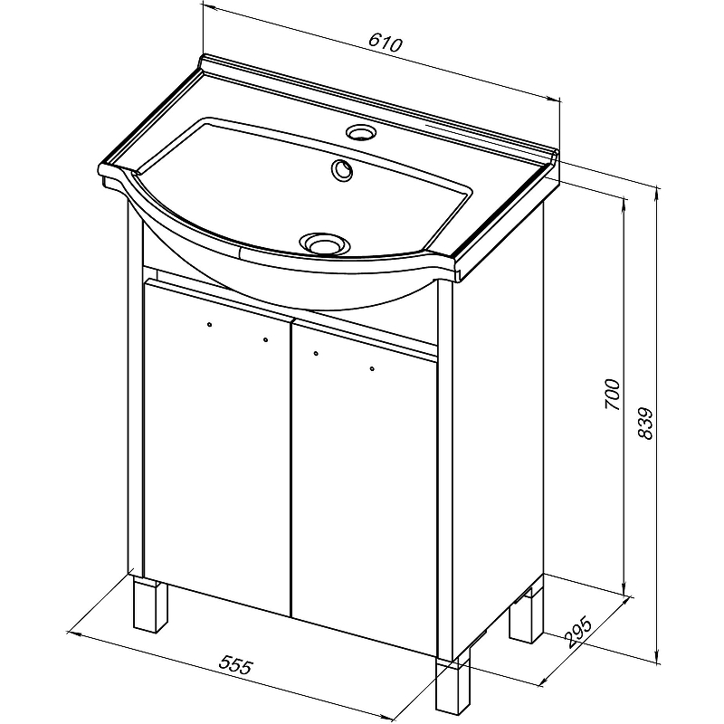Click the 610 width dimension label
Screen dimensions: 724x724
(386, 43)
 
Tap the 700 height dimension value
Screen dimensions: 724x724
(613, 394)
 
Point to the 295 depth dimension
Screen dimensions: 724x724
(577, 632)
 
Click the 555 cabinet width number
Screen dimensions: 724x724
(236, 665)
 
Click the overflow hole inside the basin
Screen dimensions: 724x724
(342, 171)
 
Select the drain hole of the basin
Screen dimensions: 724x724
(323, 243)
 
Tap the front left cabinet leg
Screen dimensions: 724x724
(150, 603)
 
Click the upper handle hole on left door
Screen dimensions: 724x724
(210, 325)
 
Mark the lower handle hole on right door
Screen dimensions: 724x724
(372, 368)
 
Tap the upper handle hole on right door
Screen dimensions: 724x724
(316, 354)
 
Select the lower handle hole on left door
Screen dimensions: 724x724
(265, 340)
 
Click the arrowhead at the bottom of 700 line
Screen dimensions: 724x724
(624, 590)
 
